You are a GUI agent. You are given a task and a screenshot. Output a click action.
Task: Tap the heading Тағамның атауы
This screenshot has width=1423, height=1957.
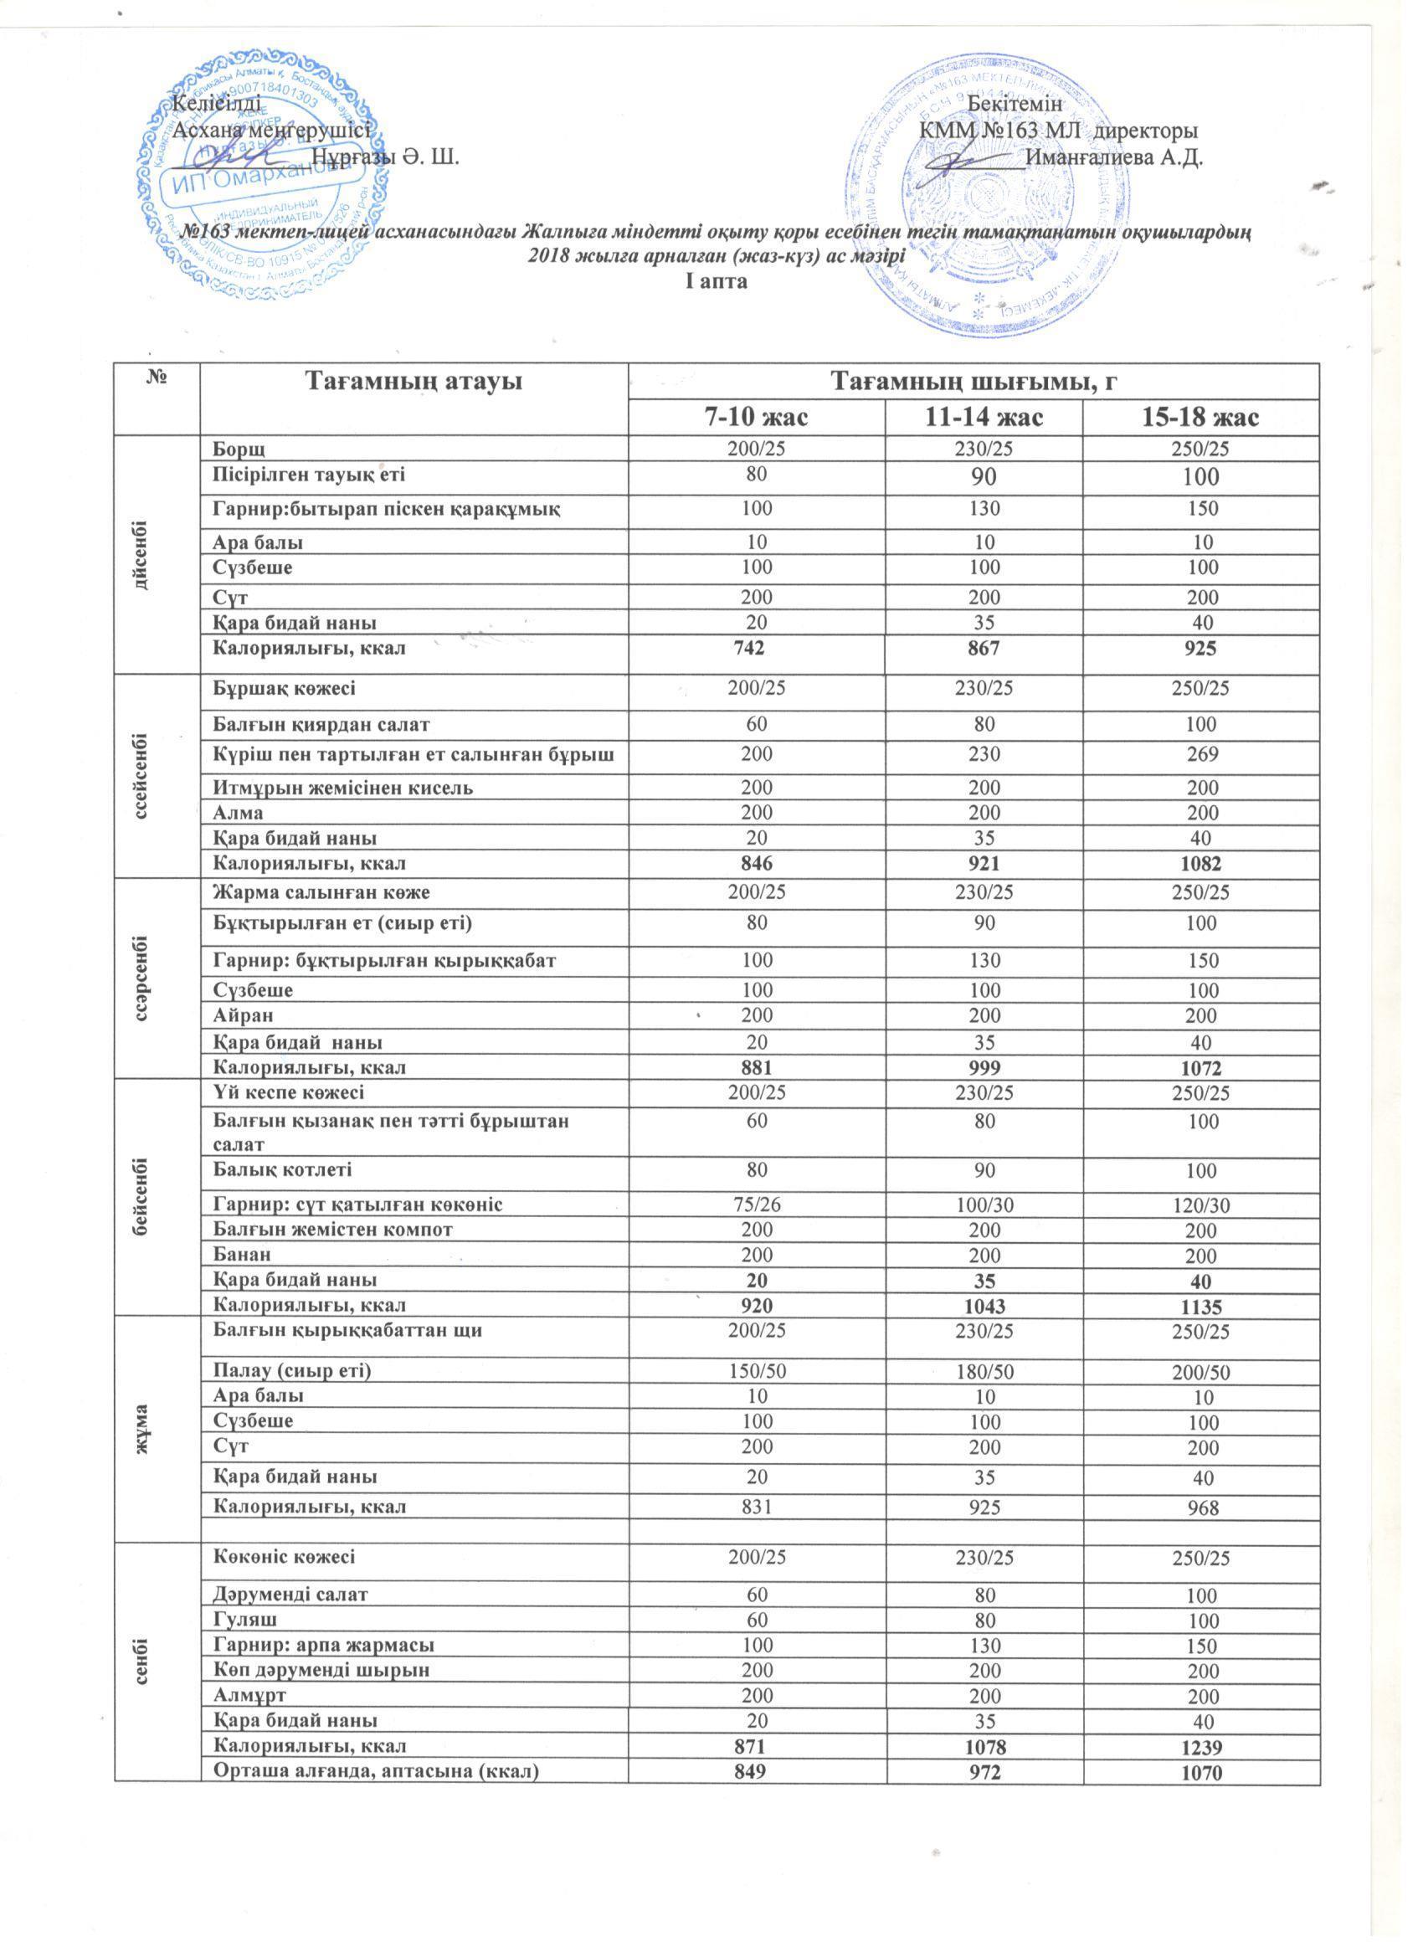pyautogui.click(x=414, y=382)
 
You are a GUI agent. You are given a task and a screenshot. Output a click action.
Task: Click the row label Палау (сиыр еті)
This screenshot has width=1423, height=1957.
pyautogui.click(x=291, y=1371)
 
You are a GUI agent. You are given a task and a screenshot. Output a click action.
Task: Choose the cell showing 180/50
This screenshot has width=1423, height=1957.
pyautogui.click(x=984, y=1371)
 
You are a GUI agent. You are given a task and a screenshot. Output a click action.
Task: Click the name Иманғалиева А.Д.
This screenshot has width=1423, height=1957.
pyautogui.click(x=1115, y=158)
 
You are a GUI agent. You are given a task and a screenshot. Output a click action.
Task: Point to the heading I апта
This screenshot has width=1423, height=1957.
pyautogui.click(x=716, y=281)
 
